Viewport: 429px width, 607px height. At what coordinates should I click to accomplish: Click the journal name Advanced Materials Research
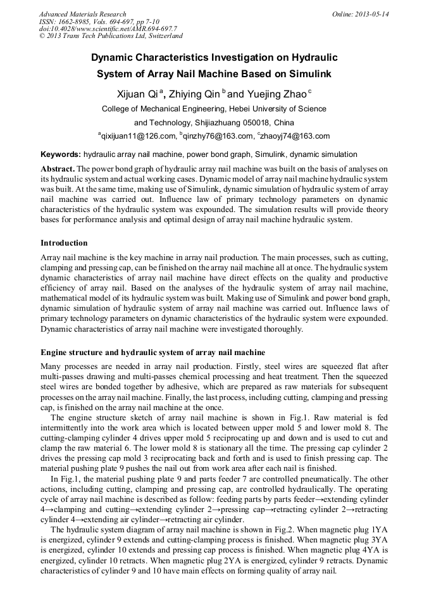[x=82, y=14]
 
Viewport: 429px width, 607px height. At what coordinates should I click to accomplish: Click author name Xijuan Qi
[x=137, y=94]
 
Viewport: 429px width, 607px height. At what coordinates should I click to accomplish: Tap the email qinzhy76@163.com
[x=216, y=136]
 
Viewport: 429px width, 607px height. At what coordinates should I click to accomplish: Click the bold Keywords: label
[x=61, y=154]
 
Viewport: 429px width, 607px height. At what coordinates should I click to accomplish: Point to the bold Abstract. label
[x=58, y=169]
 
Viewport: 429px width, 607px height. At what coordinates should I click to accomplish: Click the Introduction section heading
[x=64, y=243]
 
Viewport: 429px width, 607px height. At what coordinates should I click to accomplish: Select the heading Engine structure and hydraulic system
[x=152, y=352]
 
